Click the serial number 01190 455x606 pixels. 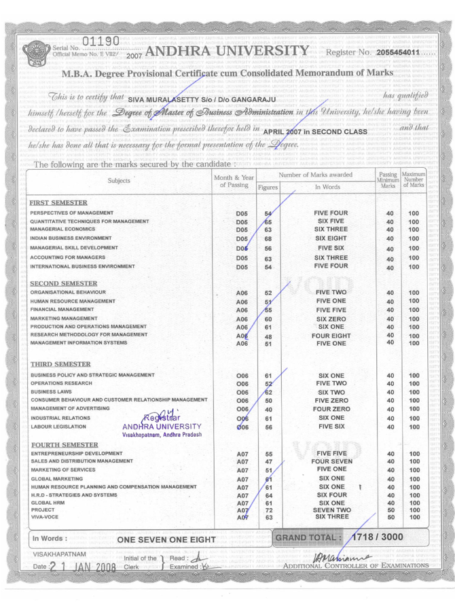[x=101, y=41]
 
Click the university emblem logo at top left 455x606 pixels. [x=34, y=54]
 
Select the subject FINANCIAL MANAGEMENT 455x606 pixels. [x=62, y=309]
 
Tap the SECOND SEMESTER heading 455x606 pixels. [x=62, y=283]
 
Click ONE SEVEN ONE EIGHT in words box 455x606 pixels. [x=167, y=539]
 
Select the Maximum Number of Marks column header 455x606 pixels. [x=414, y=179]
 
